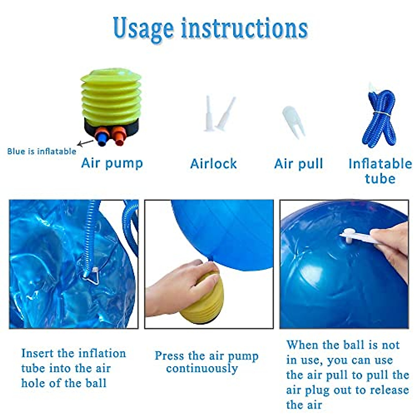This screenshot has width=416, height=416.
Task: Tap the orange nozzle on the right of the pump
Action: (x=119, y=136)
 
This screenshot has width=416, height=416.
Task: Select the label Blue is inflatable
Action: (x=42, y=151)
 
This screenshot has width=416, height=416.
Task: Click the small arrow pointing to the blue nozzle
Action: (x=85, y=142)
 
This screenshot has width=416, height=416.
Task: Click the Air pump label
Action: (x=112, y=163)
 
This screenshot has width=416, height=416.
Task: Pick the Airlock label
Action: (x=214, y=164)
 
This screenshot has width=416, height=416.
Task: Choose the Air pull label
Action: (x=298, y=164)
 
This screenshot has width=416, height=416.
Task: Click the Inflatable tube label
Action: (x=380, y=171)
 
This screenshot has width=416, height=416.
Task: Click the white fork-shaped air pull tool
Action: (x=294, y=121)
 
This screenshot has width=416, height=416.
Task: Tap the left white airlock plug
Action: (x=209, y=114)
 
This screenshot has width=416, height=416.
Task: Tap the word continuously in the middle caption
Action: (x=202, y=369)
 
